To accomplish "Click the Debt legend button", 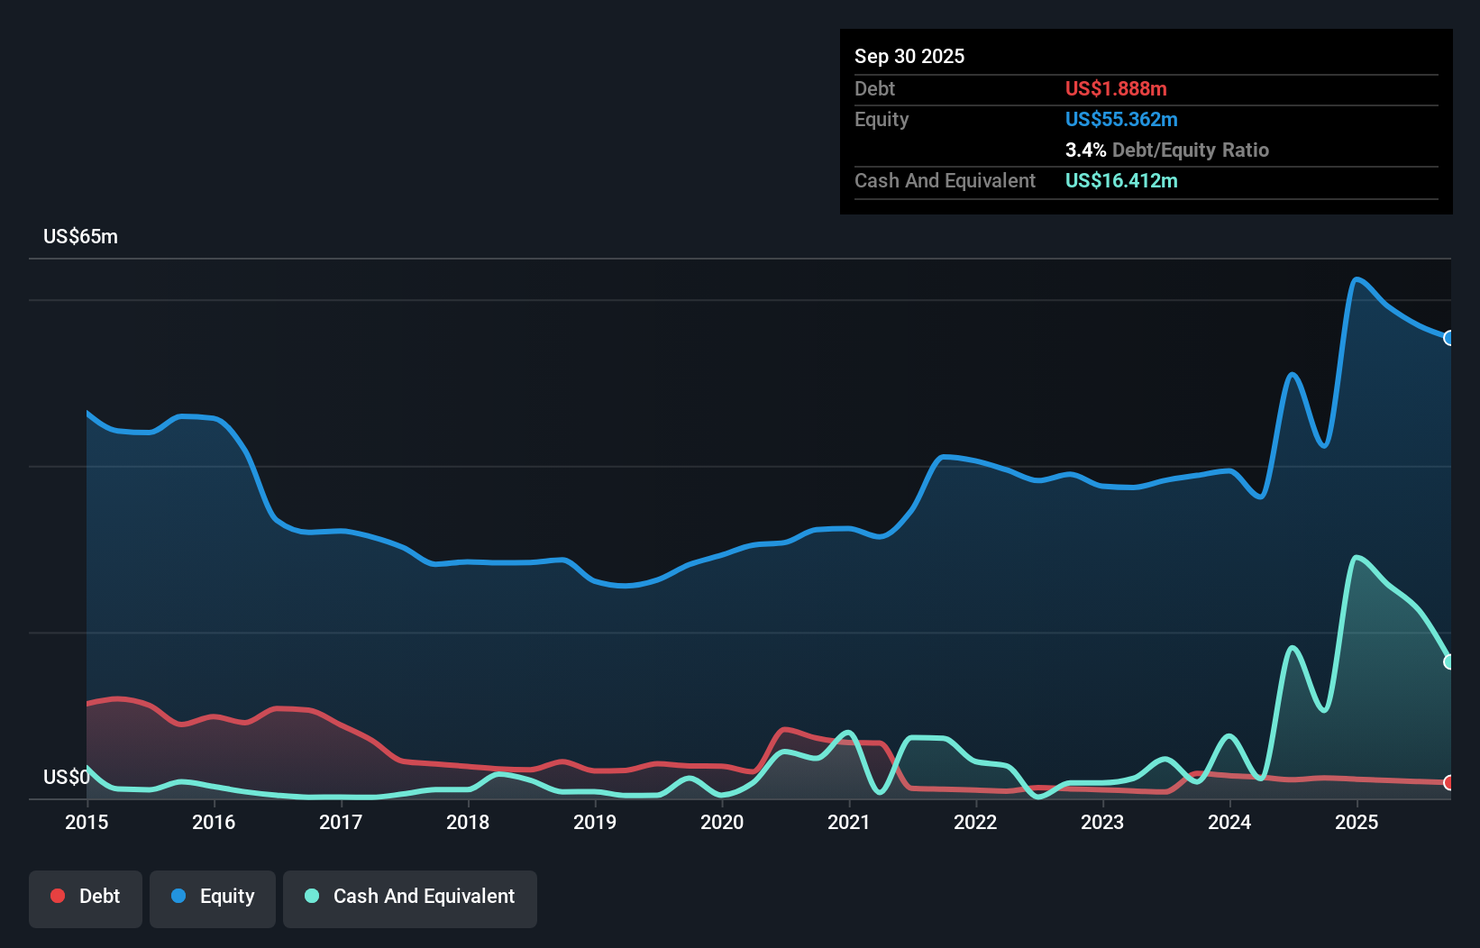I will click(85, 898).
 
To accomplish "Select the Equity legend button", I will click(213, 898).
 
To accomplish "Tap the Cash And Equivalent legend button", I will click(410, 898).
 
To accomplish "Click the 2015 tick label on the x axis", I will click(87, 823).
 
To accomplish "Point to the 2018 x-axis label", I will click(468, 823).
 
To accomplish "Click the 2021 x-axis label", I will click(849, 823).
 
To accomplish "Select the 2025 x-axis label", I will click(1357, 823).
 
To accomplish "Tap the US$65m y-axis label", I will click(80, 237).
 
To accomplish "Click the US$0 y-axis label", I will click(66, 778).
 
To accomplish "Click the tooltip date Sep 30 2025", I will click(909, 57).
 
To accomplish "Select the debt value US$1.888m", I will click(1115, 89).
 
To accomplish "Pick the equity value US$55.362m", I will click(1120, 120).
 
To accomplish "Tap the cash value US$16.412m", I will click(1120, 181).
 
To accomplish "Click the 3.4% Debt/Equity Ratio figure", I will click(1166, 150).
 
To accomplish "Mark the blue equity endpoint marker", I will click(1448, 338).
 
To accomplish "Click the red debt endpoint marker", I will click(1448, 782).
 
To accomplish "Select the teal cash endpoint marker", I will click(1448, 661).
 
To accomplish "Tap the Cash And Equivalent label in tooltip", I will click(945, 181).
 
